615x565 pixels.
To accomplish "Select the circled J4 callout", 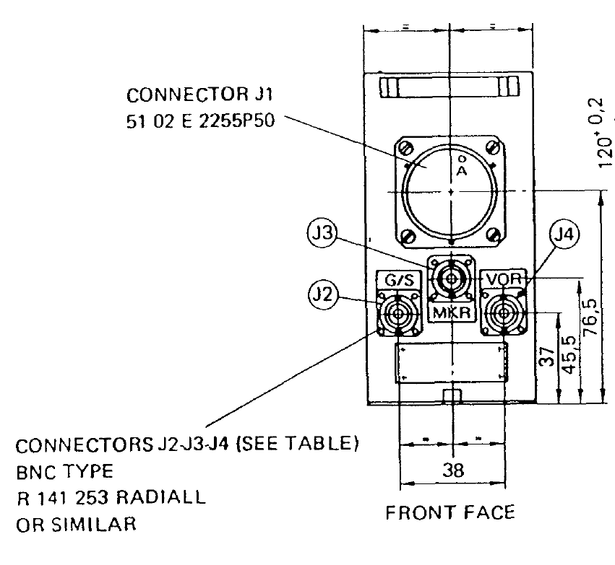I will click(x=564, y=235).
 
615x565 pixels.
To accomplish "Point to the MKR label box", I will click(x=450, y=313).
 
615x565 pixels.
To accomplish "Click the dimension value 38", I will click(x=452, y=470).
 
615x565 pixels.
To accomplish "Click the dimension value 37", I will click(x=547, y=359).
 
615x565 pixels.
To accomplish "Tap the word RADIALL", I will click(x=160, y=499).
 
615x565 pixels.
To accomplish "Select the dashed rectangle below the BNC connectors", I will click(x=452, y=362).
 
